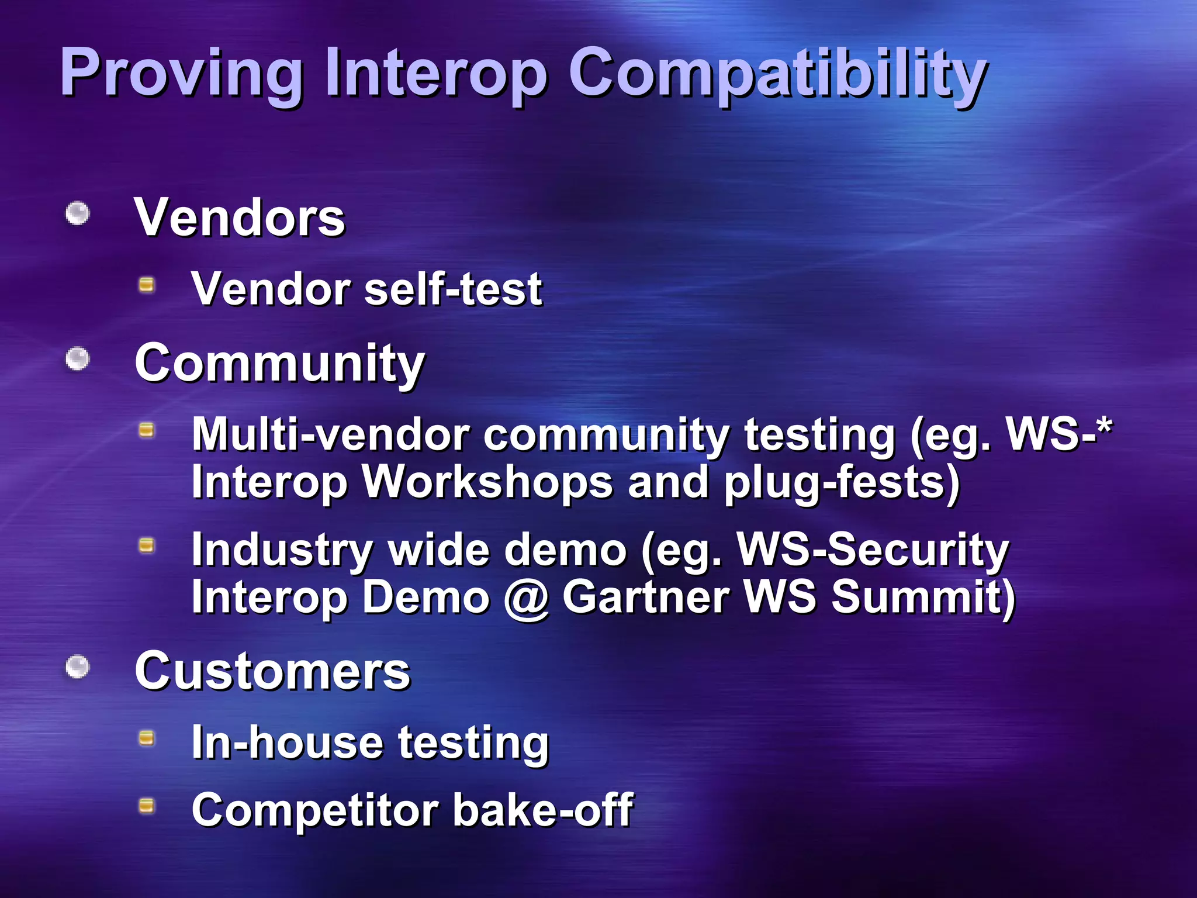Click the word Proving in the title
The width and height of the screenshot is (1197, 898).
[x=181, y=73]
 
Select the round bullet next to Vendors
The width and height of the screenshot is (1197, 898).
[x=77, y=213]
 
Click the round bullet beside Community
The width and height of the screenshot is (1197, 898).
[x=77, y=359]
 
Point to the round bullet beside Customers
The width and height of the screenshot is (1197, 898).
[x=77, y=667]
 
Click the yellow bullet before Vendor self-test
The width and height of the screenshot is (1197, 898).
[x=146, y=285]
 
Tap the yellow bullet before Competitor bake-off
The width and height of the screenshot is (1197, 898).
[x=146, y=806]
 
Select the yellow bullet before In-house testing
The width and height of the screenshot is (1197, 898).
[x=146, y=738]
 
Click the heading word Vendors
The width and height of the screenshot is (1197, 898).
[x=240, y=217]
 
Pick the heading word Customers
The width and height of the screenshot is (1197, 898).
[x=272, y=671]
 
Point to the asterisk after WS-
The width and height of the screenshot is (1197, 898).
[x=1103, y=427]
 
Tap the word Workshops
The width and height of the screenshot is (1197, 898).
[x=487, y=482]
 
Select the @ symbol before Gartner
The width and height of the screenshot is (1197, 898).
[x=526, y=598]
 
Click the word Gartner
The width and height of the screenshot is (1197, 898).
[x=646, y=597]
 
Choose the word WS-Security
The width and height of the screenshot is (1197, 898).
[x=873, y=550]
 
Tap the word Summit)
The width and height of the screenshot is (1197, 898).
[x=923, y=597]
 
